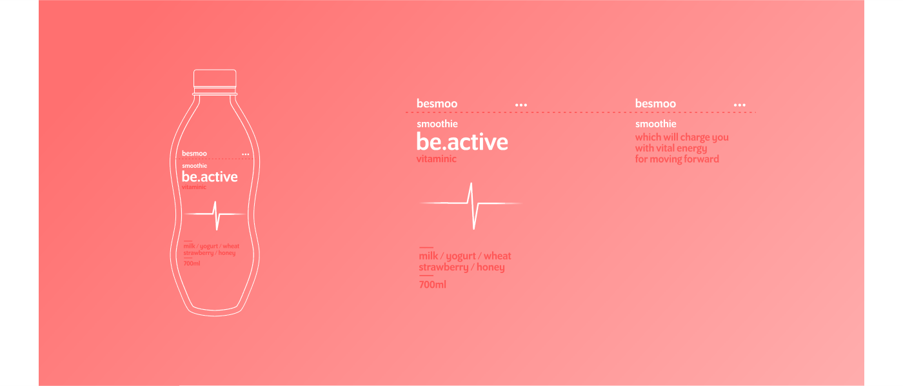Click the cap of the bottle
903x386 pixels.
(x=215, y=79)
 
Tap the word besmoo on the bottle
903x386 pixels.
(x=194, y=153)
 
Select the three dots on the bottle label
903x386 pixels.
(x=246, y=154)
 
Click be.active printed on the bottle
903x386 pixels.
(x=210, y=177)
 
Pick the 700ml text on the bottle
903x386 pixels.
(x=192, y=263)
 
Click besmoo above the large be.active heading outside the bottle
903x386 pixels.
(x=437, y=104)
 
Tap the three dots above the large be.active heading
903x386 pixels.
(x=521, y=105)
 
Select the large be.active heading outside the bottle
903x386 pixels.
(x=462, y=141)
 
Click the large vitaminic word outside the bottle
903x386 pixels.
(x=437, y=159)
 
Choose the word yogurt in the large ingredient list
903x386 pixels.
(x=461, y=256)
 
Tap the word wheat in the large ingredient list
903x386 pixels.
(x=497, y=256)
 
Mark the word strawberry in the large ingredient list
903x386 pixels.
(x=444, y=267)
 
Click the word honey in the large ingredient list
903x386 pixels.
(x=491, y=267)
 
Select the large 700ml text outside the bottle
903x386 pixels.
(x=433, y=285)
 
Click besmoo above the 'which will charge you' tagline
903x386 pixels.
(x=655, y=104)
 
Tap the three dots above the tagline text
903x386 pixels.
(x=740, y=105)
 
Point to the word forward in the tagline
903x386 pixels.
(x=702, y=159)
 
